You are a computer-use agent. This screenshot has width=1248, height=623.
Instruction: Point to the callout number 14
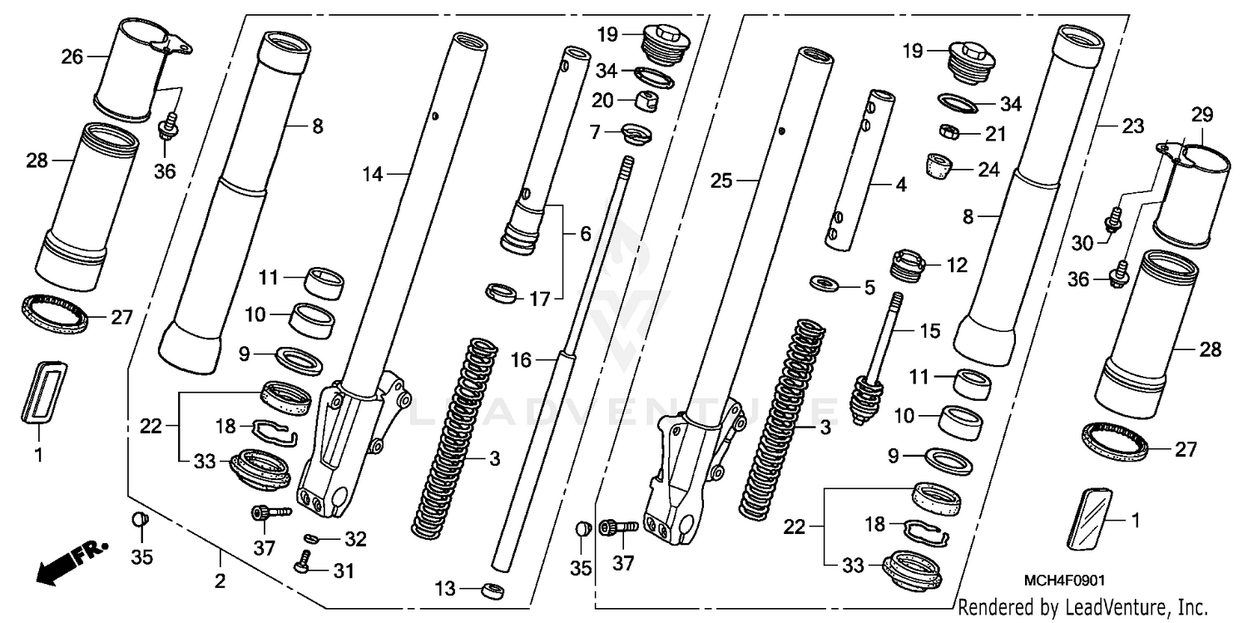pyautogui.click(x=374, y=174)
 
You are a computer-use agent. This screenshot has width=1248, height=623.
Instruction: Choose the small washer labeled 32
pyautogui.click(x=310, y=538)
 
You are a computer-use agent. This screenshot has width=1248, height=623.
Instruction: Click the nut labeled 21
pyautogui.click(x=948, y=132)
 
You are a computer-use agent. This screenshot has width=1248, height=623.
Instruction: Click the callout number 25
pyautogui.click(x=721, y=180)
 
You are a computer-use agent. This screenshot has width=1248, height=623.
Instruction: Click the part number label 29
pyautogui.click(x=1201, y=114)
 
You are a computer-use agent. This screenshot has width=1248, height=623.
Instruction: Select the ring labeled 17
pyautogui.click(x=502, y=293)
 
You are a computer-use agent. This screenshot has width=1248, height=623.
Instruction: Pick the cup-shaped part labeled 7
pyautogui.click(x=637, y=133)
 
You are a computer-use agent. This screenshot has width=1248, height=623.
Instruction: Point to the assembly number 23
pyautogui.click(x=1132, y=126)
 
